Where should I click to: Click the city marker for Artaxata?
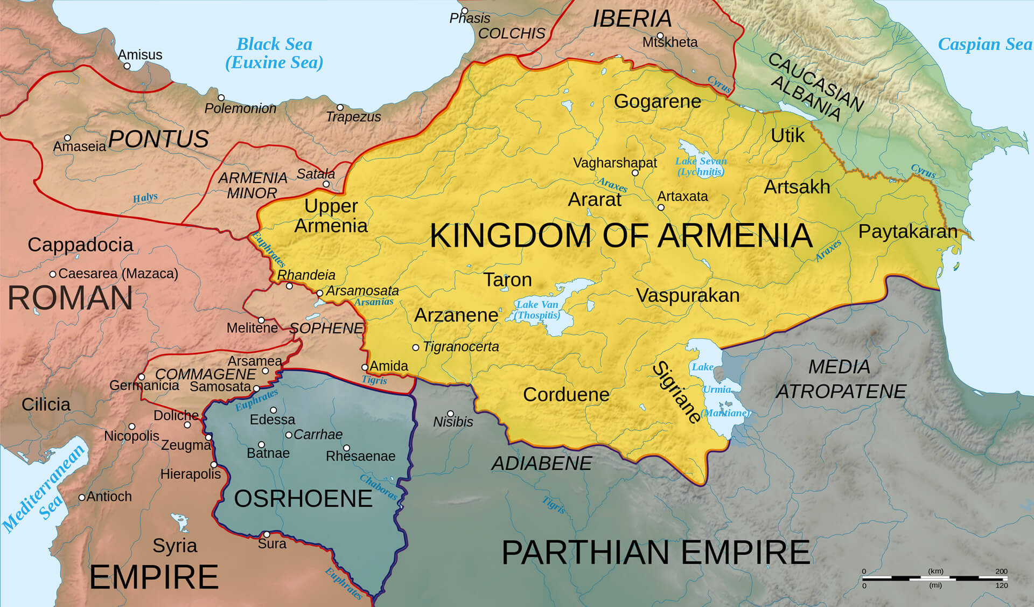coord(661,207)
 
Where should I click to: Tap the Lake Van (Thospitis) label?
coord(537,310)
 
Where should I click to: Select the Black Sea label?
coord(274,53)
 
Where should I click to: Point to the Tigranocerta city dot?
coord(416,347)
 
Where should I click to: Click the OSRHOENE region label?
coord(303,499)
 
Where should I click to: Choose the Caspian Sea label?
coord(984,44)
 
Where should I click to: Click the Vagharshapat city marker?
coord(635,173)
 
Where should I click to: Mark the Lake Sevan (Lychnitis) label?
coord(701,166)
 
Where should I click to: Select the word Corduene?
coord(566,395)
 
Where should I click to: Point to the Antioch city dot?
coord(82,497)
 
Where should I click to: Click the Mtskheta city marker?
coord(660,36)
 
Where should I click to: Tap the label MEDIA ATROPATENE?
coord(840,379)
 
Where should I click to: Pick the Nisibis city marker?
coord(450,414)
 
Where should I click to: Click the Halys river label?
coord(145,198)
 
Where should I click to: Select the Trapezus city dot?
coord(340,108)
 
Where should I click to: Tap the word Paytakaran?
coord(907,232)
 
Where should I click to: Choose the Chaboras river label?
coord(379,487)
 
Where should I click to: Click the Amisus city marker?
coord(127,66)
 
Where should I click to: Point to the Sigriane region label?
coord(677,392)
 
